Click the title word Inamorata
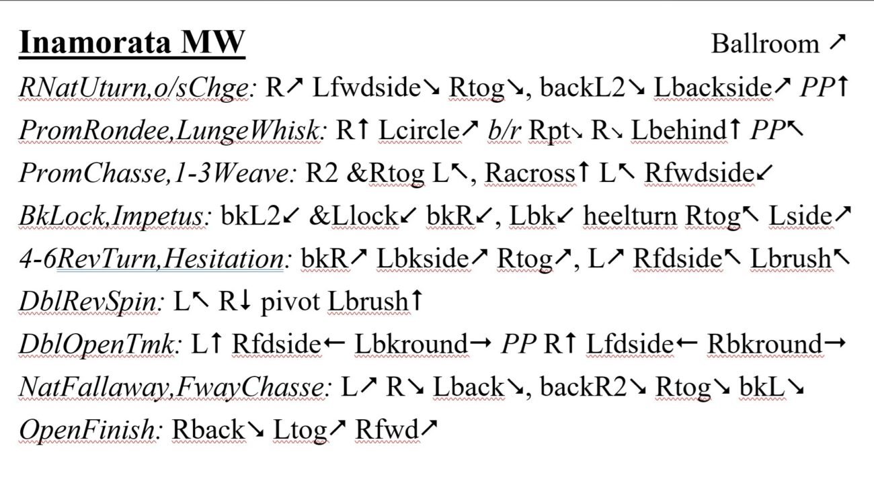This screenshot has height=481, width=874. (x=95, y=42)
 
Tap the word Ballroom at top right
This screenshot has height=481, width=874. (x=765, y=44)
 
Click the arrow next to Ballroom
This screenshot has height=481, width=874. (x=837, y=42)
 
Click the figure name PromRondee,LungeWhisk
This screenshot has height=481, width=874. (x=169, y=130)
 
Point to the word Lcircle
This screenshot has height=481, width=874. (x=419, y=130)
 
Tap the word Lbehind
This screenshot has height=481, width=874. (x=679, y=130)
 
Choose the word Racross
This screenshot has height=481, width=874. (x=530, y=173)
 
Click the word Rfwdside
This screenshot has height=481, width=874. (x=699, y=173)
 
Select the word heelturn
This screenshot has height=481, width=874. (x=630, y=216)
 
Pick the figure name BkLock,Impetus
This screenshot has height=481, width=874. (x=112, y=216)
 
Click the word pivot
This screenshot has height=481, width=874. (x=290, y=302)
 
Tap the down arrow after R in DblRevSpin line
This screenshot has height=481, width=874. (x=245, y=302)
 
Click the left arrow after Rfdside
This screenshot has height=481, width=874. (x=334, y=343)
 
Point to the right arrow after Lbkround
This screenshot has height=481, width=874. (x=480, y=343)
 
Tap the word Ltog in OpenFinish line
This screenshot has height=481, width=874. (x=300, y=431)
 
